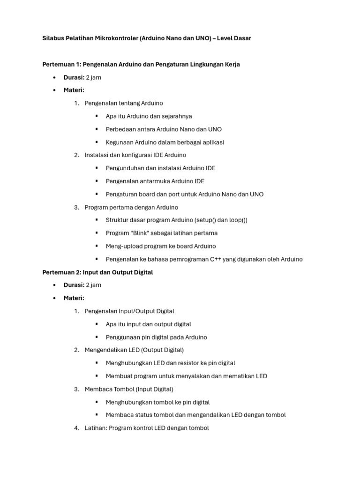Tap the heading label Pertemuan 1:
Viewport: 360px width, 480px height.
pyautogui.click(x=61, y=64)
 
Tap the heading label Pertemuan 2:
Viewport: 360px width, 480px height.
pyautogui.click(x=61, y=272)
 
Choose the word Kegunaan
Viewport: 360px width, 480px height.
pyautogui.click(x=120, y=142)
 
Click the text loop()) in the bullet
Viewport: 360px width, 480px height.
pyautogui.click(x=237, y=220)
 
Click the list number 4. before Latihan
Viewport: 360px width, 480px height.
pyautogui.click(x=76, y=428)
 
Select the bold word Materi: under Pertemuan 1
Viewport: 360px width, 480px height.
pyautogui.click(x=74, y=90)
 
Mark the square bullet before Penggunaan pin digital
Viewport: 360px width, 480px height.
pyautogui.click(x=97, y=337)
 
